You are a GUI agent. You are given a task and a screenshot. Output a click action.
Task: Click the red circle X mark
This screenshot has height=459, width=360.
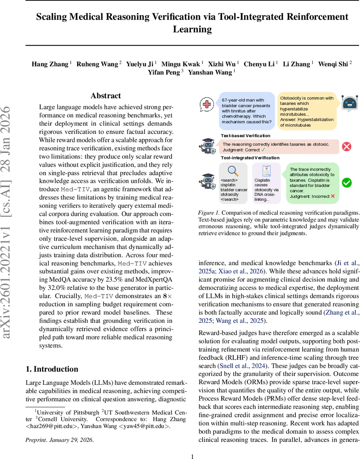click(x=346, y=146)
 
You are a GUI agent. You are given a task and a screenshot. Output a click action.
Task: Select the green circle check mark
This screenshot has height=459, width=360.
click(x=346, y=183)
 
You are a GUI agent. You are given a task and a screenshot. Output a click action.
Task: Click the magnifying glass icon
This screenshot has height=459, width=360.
click(x=233, y=171)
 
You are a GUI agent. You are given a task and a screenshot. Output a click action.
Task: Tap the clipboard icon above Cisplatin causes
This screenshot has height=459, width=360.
click(x=267, y=171)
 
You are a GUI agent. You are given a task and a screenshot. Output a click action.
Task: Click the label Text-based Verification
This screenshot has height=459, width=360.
click(x=245, y=135)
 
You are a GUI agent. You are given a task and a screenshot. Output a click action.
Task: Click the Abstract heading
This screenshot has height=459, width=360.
click(x=105, y=96)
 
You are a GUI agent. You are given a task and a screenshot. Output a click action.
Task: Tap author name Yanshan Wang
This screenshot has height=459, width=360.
click(x=213, y=72)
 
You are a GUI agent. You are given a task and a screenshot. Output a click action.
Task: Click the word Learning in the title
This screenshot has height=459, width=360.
click(x=192, y=29)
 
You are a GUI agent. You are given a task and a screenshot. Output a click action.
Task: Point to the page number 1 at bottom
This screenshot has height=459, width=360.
click(x=193, y=456)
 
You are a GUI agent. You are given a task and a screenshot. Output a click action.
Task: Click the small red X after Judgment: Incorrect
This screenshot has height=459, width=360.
click(x=333, y=196)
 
